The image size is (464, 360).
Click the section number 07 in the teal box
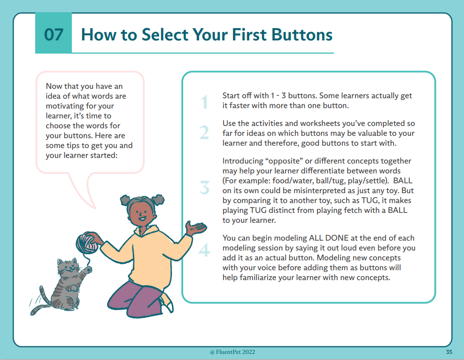[54, 35]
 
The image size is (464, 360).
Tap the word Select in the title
[165, 35]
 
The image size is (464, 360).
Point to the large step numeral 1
[204, 102]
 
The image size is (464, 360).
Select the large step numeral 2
[204, 133]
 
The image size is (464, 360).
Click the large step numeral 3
[204, 188]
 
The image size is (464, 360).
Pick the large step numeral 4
[204, 250]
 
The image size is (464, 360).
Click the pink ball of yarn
[87, 243]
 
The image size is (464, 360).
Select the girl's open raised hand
[195, 228]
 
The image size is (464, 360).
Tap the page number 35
[449, 352]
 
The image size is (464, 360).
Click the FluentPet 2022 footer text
[232, 352]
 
